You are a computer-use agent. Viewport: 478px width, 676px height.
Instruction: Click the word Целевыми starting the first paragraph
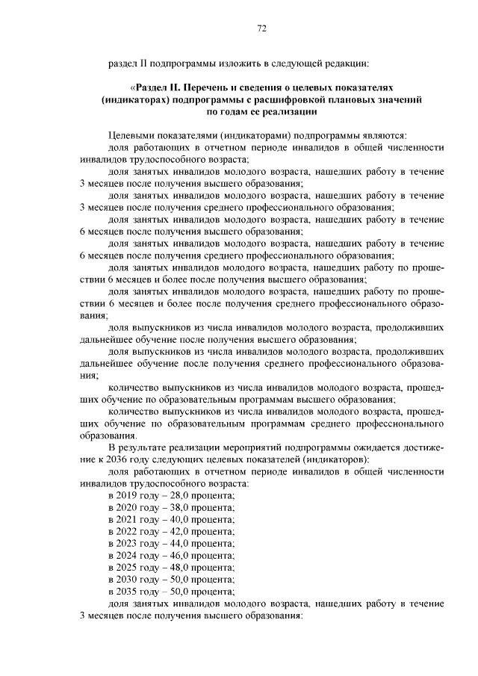pos(131,135)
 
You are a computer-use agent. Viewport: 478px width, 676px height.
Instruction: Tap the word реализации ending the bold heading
pos(294,111)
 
